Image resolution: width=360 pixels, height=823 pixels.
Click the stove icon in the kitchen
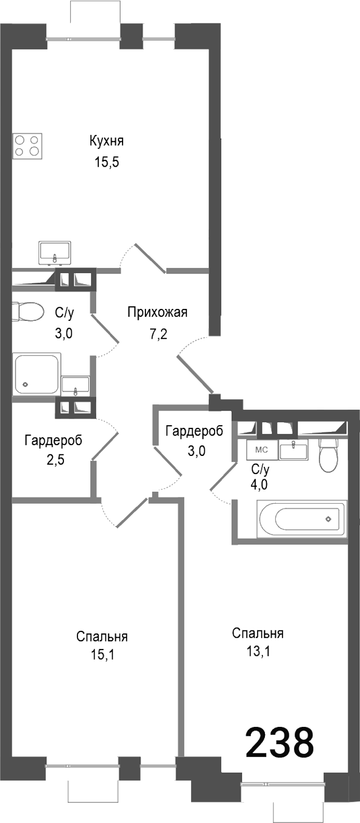point(28,146)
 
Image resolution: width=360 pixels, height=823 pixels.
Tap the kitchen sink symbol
point(55,252)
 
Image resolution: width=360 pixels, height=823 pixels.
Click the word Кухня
point(106,141)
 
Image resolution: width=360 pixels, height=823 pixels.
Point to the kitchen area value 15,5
point(106,162)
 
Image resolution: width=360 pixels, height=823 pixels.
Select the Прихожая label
point(157,312)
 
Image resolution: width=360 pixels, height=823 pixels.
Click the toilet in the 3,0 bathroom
point(28,312)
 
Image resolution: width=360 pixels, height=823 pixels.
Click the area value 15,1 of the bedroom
point(102,655)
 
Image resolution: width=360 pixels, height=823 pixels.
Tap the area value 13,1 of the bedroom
point(258,651)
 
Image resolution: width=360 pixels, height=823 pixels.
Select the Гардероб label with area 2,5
point(53,441)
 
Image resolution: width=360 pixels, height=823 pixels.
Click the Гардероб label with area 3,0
point(194,430)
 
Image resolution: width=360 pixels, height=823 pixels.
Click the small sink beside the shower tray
point(75,385)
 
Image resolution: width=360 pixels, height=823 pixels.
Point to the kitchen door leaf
point(150,258)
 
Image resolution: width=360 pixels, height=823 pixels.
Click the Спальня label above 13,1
point(258,633)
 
